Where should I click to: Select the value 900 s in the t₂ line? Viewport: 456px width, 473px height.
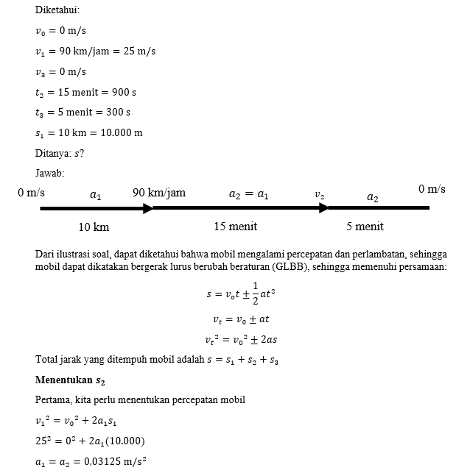click(x=122, y=93)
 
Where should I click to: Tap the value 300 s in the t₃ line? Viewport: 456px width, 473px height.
click(x=117, y=113)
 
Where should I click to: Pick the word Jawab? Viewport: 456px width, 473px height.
click(x=49, y=173)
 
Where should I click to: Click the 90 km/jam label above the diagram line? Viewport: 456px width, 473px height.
click(x=159, y=193)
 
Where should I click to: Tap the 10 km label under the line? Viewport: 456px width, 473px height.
click(x=94, y=227)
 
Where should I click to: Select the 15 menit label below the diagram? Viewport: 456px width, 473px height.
click(x=235, y=227)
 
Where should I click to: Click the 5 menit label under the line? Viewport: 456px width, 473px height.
click(x=365, y=227)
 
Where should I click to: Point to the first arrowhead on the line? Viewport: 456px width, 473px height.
click(x=148, y=208)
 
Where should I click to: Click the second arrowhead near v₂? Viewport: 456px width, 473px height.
click(x=323, y=208)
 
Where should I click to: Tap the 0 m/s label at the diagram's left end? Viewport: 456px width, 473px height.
click(x=32, y=193)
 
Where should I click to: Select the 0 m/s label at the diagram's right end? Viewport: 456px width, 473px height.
click(x=432, y=190)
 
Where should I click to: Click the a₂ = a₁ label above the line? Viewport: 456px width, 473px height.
click(x=248, y=195)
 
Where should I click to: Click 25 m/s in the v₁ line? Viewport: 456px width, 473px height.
click(x=140, y=51)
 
